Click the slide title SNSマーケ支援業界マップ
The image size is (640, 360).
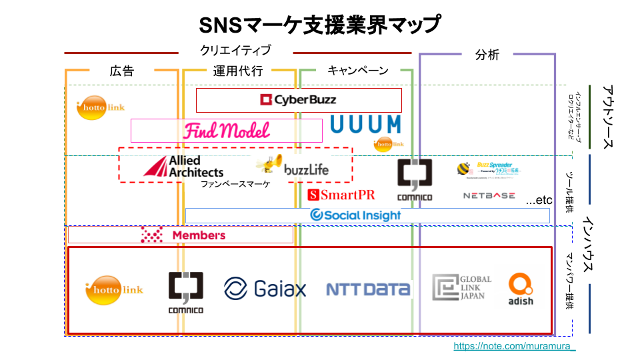point(320,25)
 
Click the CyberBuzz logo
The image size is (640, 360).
point(298,100)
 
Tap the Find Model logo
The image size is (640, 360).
point(227,130)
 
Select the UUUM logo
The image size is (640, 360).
point(366,125)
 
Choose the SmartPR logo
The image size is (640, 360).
point(341,195)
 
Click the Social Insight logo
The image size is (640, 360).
point(356,215)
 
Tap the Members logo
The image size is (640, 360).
point(184,235)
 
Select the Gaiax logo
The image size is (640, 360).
point(265,289)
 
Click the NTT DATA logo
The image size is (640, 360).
point(367,289)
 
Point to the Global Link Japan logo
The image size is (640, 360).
point(462,287)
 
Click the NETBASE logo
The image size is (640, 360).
point(489,196)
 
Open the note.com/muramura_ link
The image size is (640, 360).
point(514,347)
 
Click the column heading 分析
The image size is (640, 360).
point(487,55)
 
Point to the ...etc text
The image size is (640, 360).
point(539,200)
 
